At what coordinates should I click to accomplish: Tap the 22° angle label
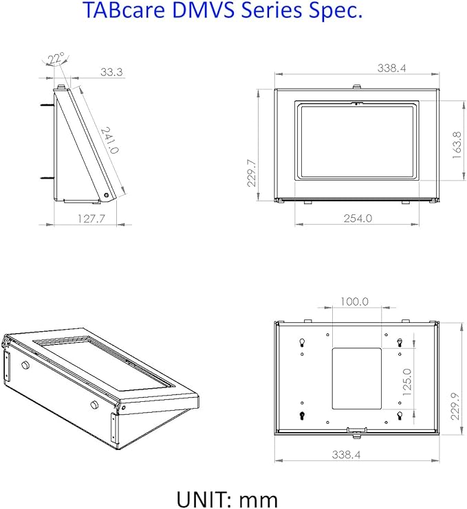(56, 60)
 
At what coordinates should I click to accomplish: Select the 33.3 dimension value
(111, 71)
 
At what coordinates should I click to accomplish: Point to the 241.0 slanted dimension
(110, 140)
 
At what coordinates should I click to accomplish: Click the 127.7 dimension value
(91, 218)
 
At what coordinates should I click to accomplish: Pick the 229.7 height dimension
(252, 173)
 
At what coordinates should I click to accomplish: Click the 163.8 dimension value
(457, 145)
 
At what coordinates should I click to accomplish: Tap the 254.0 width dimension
(358, 218)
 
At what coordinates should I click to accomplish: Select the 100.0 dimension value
(354, 302)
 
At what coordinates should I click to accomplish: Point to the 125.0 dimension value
(407, 382)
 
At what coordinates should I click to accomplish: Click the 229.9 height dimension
(455, 406)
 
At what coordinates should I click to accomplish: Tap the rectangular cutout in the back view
(356, 378)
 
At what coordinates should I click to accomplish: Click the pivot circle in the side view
(107, 195)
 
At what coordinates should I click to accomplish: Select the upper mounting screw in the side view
(47, 105)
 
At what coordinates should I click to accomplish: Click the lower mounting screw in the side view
(47, 178)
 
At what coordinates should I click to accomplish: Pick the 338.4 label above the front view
(391, 68)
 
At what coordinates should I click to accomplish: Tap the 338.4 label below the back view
(346, 455)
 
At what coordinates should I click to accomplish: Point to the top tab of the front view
(357, 87)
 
